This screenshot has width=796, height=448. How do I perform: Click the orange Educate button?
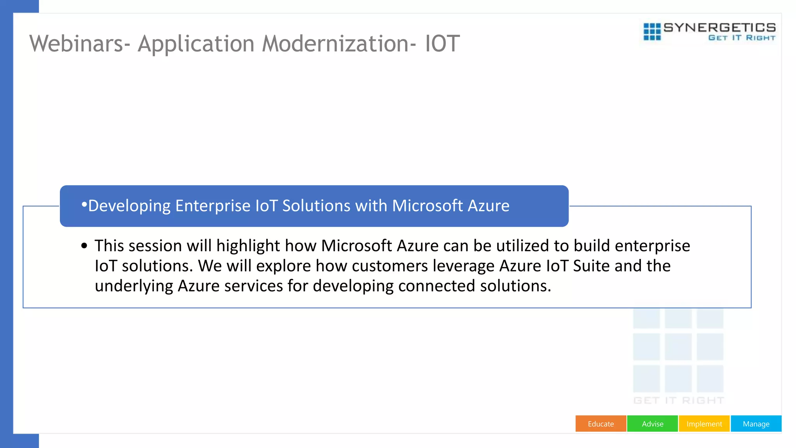pyautogui.click(x=600, y=424)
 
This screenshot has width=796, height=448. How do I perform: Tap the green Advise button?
pyautogui.click(x=653, y=424)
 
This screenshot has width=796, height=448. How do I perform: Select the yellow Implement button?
pyautogui.click(x=704, y=424)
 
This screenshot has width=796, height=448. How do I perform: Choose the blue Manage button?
pyautogui.click(x=756, y=424)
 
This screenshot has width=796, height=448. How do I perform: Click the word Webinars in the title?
pyautogui.click(x=77, y=44)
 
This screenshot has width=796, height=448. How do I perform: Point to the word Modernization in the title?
pyautogui.click(x=335, y=44)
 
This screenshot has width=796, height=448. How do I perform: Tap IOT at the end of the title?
pyautogui.click(x=442, y=44)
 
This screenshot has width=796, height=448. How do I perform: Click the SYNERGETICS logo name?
pyautogui.click(x=719, y=28)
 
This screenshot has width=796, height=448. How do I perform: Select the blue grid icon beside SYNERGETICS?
pyautogui.click(x=652, y=31)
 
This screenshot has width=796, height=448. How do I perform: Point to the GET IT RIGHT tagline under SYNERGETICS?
pyautogui.click(x=742, y=38)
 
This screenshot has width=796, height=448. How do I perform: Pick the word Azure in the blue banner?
pyautogui.click(x=488, y=206)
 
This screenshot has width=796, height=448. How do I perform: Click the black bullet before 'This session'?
pyautogui.click(x=84, y=246)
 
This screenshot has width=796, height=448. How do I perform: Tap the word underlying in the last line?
pyautogui.click(x=134, y=286)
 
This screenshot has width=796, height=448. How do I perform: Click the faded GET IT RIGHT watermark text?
pyautogui.click(x=679, y=401)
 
